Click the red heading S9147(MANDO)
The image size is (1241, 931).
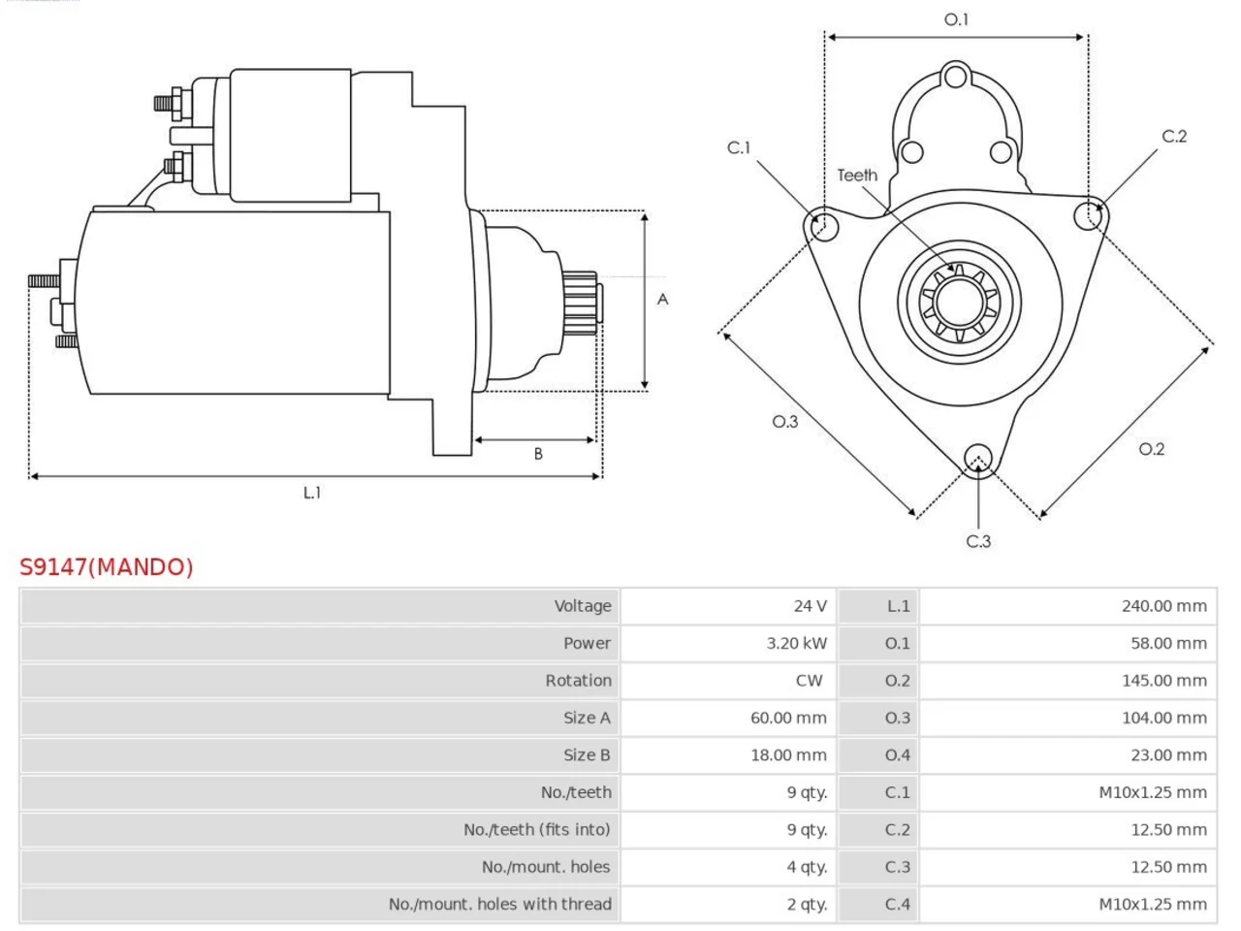107,567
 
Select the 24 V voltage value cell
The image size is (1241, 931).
728,606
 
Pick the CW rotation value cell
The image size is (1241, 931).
728,681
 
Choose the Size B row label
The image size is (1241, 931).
587,755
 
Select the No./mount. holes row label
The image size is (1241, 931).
546,867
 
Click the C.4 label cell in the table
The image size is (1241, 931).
878,905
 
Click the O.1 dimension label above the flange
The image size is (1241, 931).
956,19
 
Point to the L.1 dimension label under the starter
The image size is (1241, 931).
312,493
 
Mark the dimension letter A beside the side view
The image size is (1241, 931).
662,299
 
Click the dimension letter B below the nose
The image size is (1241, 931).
538,453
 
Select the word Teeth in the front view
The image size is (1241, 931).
857,176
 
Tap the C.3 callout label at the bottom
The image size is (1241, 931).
978,541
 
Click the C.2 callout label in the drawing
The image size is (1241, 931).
1174,136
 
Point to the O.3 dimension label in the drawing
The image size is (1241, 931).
785,421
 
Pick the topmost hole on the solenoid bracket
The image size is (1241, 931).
956,77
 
